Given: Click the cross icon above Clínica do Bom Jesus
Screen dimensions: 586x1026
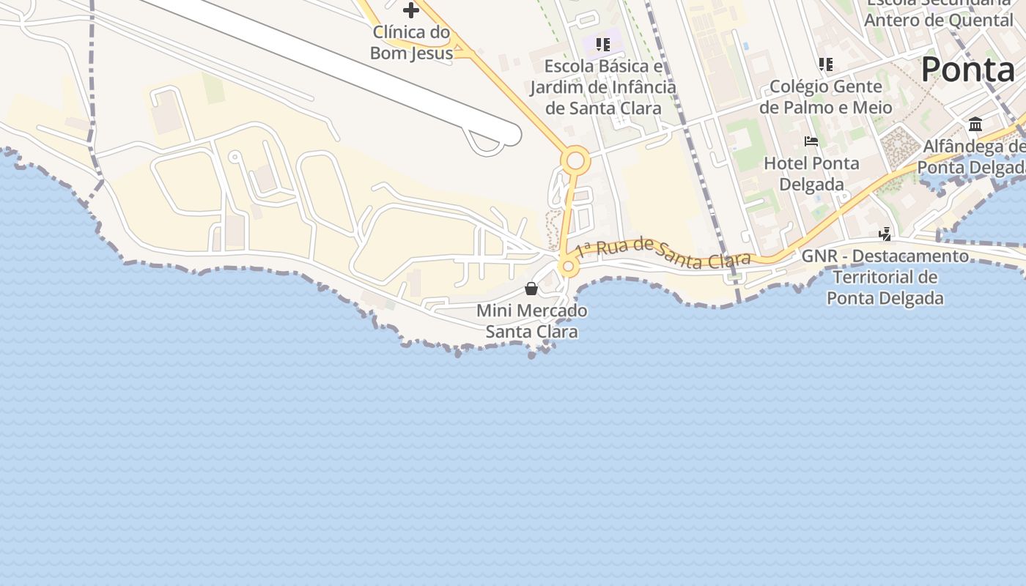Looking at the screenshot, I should [x=411, y=10].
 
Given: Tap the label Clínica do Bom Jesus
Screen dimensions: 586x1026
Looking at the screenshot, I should [x=410, y=42].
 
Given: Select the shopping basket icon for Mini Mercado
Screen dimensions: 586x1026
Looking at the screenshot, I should [x=531, y=289].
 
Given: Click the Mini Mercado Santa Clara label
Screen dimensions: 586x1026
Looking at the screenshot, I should [x=532, y=321].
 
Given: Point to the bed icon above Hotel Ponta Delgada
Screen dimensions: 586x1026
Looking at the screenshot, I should [x=811, y=141].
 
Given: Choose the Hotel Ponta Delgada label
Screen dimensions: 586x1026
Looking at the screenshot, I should [x=811, y=174].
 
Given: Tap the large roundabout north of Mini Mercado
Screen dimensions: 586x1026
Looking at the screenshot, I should [x=575, y=160].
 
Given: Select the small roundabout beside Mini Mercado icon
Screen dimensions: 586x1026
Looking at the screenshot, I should [x=567, y=267].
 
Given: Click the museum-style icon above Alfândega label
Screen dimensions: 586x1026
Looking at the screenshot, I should [x=975, y=125].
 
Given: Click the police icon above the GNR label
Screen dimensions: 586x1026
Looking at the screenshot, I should [x=885, y=234].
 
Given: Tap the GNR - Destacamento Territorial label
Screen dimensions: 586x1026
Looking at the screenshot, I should [x=885, y=277].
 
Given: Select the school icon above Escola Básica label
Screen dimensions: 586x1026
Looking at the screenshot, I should [x=602, y=45].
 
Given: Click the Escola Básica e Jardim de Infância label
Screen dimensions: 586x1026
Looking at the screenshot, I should [x=603, y=87].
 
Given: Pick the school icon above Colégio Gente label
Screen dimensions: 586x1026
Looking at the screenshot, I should [x=826, y=64].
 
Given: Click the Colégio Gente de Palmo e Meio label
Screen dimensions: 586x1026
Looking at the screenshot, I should [x=826, y=97].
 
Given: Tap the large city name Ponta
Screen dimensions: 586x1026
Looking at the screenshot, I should [x=967, y=70].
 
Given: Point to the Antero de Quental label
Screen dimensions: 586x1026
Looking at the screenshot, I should [x=938, y=20].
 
